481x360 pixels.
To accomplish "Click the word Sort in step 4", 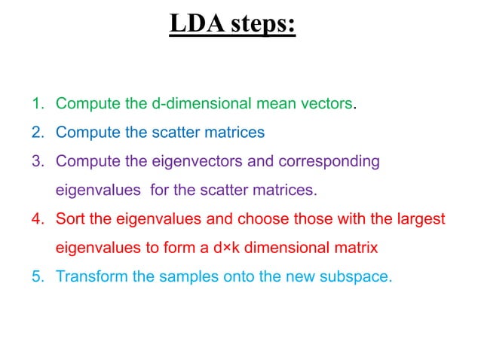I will [69, 219].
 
